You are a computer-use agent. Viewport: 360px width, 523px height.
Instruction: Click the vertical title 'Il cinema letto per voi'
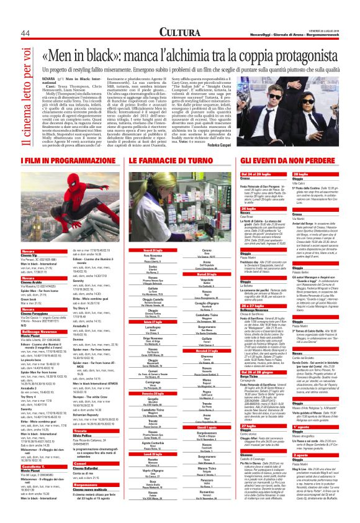click(22, 93)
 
